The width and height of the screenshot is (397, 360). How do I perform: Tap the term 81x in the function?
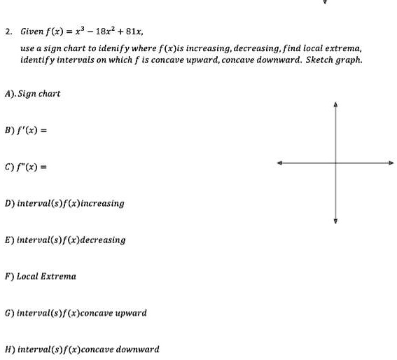pos(135,32)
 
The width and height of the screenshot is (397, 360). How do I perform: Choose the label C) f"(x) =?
pos(26,167)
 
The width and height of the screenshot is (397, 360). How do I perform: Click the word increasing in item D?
pos(101,204)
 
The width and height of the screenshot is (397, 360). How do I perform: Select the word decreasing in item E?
pos(102,240)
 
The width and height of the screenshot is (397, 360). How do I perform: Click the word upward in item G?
pos(131,313)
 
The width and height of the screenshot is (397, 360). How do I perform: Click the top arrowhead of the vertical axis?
pos(336,106)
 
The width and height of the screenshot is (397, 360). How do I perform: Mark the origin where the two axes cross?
pos(336,162)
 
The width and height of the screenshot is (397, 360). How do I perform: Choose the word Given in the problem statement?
pos(32,32)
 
